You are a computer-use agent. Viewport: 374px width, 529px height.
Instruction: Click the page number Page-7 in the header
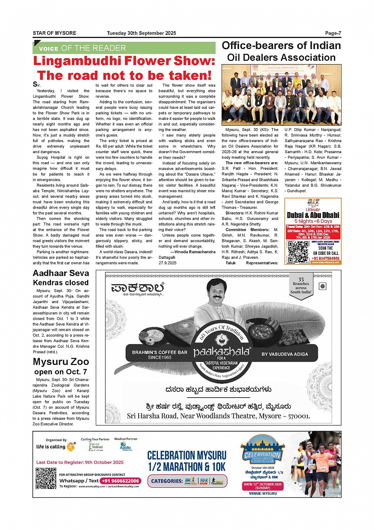pyautogui.click(x=333, y=33)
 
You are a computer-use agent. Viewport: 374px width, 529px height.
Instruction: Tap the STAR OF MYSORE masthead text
pyautogui.click(x=54, y=33)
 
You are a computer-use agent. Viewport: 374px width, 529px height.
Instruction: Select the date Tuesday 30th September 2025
pyautogui.click(x=141, y=33)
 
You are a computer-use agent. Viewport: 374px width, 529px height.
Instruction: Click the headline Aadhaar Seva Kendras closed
pyautogui.click(x=61, y=278)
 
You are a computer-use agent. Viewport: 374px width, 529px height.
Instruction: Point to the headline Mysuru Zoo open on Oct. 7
pyautogui.click(x=61, y=366)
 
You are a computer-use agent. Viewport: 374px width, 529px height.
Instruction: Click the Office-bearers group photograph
pyautogui.click(x=281, y=95)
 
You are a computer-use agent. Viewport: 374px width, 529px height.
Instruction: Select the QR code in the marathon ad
pyautogui.click(x=46, y=478)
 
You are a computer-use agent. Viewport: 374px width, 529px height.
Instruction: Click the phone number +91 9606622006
pyautogui.click(x=120, y=481)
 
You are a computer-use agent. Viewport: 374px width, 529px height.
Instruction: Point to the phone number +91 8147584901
pyautogui.click(x=326, y=258)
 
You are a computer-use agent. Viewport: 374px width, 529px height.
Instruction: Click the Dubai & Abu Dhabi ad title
pyautogui.click(x=313, y=215)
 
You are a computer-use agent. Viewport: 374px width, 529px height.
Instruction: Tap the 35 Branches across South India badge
pyautogui.click(x=301, y=286)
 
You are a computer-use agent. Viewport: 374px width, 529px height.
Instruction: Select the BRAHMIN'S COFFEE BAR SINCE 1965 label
pyautogui.click(x=159, y=355)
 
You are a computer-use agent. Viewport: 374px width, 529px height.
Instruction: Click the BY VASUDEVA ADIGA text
pyautogui.click(x=285, y=354)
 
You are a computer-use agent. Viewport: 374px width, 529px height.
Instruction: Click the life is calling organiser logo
pyautogui.click(x=55, y=446)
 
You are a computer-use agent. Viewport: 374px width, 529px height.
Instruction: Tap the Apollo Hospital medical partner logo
pyautogui.click(x=125, y=446)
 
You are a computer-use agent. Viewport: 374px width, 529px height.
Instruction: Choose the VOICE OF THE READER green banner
pyautogui.click(x=124, y=48)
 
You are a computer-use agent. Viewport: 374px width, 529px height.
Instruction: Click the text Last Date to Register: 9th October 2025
pyautogui.click(x=80, y=462)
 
